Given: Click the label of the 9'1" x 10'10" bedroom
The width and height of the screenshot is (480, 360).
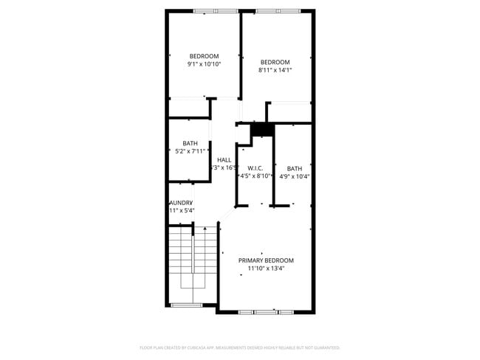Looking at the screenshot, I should point(204,56).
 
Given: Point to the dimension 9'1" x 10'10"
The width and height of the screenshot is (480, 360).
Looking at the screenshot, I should point(204,64).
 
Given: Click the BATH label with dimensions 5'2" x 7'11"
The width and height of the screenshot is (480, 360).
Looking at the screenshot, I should point(191,143).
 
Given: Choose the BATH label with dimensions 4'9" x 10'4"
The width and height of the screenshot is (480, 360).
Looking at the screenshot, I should point(295,168).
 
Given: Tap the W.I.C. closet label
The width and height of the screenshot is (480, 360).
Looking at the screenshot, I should point(256,168).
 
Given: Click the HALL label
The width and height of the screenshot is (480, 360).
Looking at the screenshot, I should point(224,159).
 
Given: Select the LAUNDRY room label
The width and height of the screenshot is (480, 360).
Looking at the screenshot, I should point(181,202).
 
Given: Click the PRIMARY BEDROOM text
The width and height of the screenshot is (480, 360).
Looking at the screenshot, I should point(266,260).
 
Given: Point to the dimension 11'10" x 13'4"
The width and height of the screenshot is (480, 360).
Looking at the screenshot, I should point(266,269).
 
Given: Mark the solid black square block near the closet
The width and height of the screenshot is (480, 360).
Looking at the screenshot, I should point(261,131).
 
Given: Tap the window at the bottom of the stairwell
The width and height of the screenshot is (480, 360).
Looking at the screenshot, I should point(186,305).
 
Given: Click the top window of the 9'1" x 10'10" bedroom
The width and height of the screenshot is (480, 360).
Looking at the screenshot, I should point(216,11).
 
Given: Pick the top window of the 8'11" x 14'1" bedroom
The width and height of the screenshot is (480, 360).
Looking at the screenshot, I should point(278,11).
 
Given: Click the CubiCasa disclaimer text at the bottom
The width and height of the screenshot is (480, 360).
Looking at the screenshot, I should point(240,347).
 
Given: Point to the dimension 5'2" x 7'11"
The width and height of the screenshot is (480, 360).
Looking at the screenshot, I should point(191,151).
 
